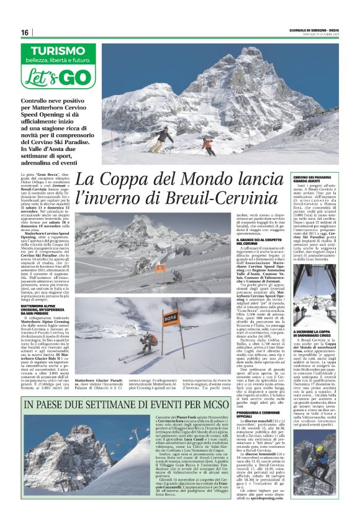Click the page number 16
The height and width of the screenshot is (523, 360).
24,33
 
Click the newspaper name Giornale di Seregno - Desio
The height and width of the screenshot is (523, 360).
311,31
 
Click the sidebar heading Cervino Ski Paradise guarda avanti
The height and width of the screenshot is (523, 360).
313,180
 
